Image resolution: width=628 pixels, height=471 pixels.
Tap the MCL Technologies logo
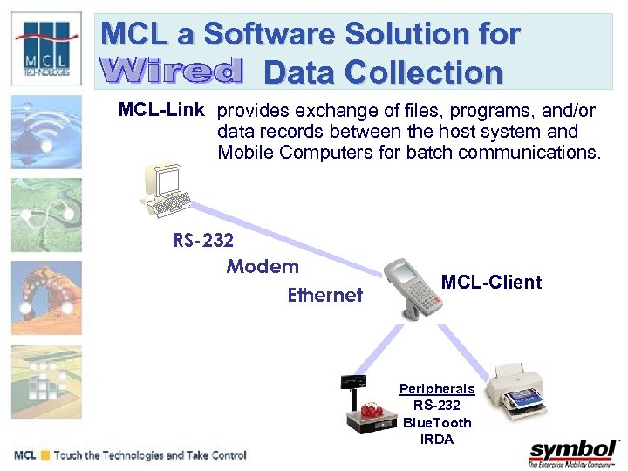pos(45,48)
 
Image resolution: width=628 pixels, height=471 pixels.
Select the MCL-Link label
pos(161,111)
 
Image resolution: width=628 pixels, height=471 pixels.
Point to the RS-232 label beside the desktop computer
pos(203,240)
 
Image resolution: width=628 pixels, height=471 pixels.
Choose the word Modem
pos(263,267)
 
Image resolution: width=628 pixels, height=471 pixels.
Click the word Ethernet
pos(324,296)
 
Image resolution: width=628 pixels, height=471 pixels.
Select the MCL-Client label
pos(491,282)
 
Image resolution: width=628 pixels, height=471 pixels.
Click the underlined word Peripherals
pos(437,389)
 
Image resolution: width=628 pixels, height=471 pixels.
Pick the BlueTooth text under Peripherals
pos(437,423)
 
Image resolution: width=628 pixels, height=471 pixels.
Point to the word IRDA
pos(437,440)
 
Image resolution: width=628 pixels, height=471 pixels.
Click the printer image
pos(524,392)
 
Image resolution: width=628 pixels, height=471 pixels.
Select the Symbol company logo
pos(572,453)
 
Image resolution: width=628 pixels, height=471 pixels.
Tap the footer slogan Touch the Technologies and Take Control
pos(150,455)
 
